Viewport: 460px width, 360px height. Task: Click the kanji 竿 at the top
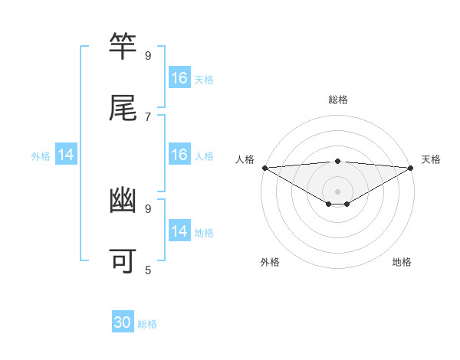tap(123, 47)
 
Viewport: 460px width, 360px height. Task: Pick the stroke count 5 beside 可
tap(147, 270)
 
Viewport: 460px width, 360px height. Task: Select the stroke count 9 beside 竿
tap(147, 55)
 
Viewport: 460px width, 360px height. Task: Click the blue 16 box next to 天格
tap(179, 78)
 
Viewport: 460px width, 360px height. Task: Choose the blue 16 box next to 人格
tap(179, 155)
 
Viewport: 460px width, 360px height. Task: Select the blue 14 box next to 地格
tap(179, 231)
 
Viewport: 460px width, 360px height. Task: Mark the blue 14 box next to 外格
tap(66, 155)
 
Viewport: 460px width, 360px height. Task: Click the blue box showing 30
tap(123, 323)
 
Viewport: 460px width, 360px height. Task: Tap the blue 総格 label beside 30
tap(147, 324)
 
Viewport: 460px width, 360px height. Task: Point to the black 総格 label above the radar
tap(337, 100)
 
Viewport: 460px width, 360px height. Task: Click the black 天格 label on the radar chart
tap(431, 159)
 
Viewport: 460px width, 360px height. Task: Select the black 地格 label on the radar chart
tap(402, 262)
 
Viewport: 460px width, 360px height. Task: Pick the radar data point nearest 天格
tap(411, 167)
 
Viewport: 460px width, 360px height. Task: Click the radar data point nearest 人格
tap(264, 167)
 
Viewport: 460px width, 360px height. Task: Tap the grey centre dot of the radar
tap(337, 191)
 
